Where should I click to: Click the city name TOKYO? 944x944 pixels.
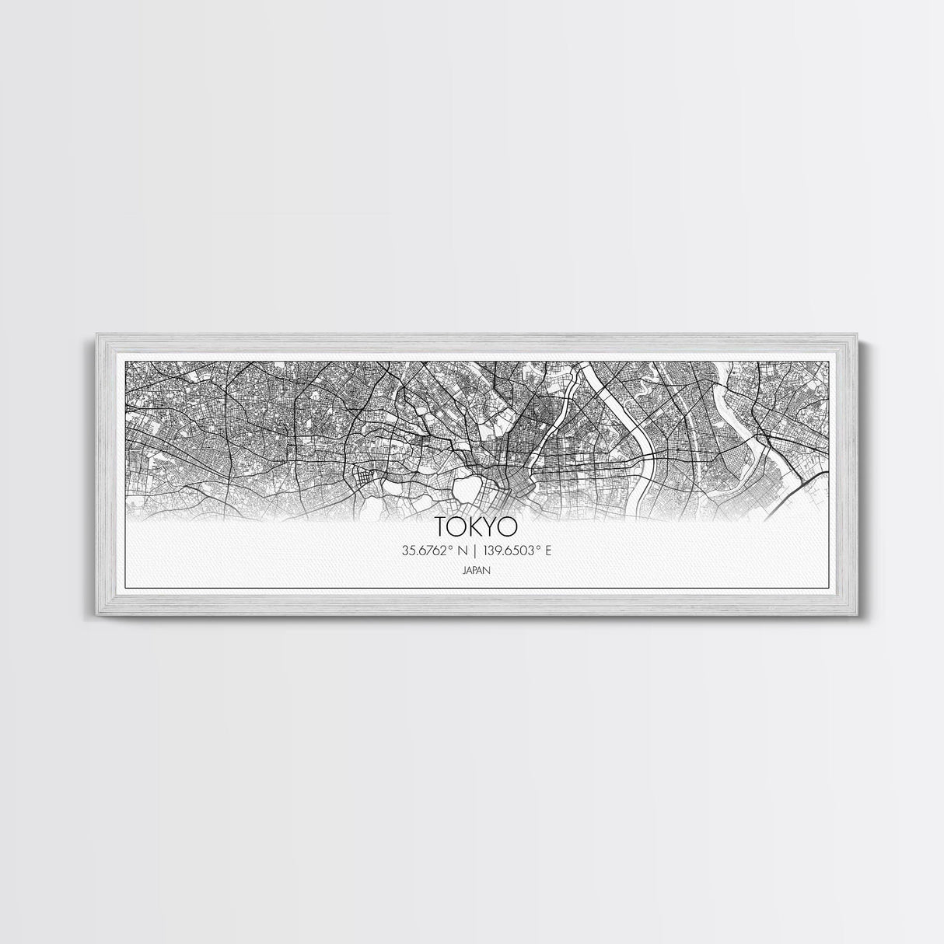coord(477,526)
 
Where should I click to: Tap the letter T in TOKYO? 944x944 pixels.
coord(442,526)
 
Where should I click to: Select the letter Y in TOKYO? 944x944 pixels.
coord(491,526)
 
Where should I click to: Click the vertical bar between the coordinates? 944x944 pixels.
coord(474,551)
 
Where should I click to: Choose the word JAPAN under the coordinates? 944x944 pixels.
coord(476,570)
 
